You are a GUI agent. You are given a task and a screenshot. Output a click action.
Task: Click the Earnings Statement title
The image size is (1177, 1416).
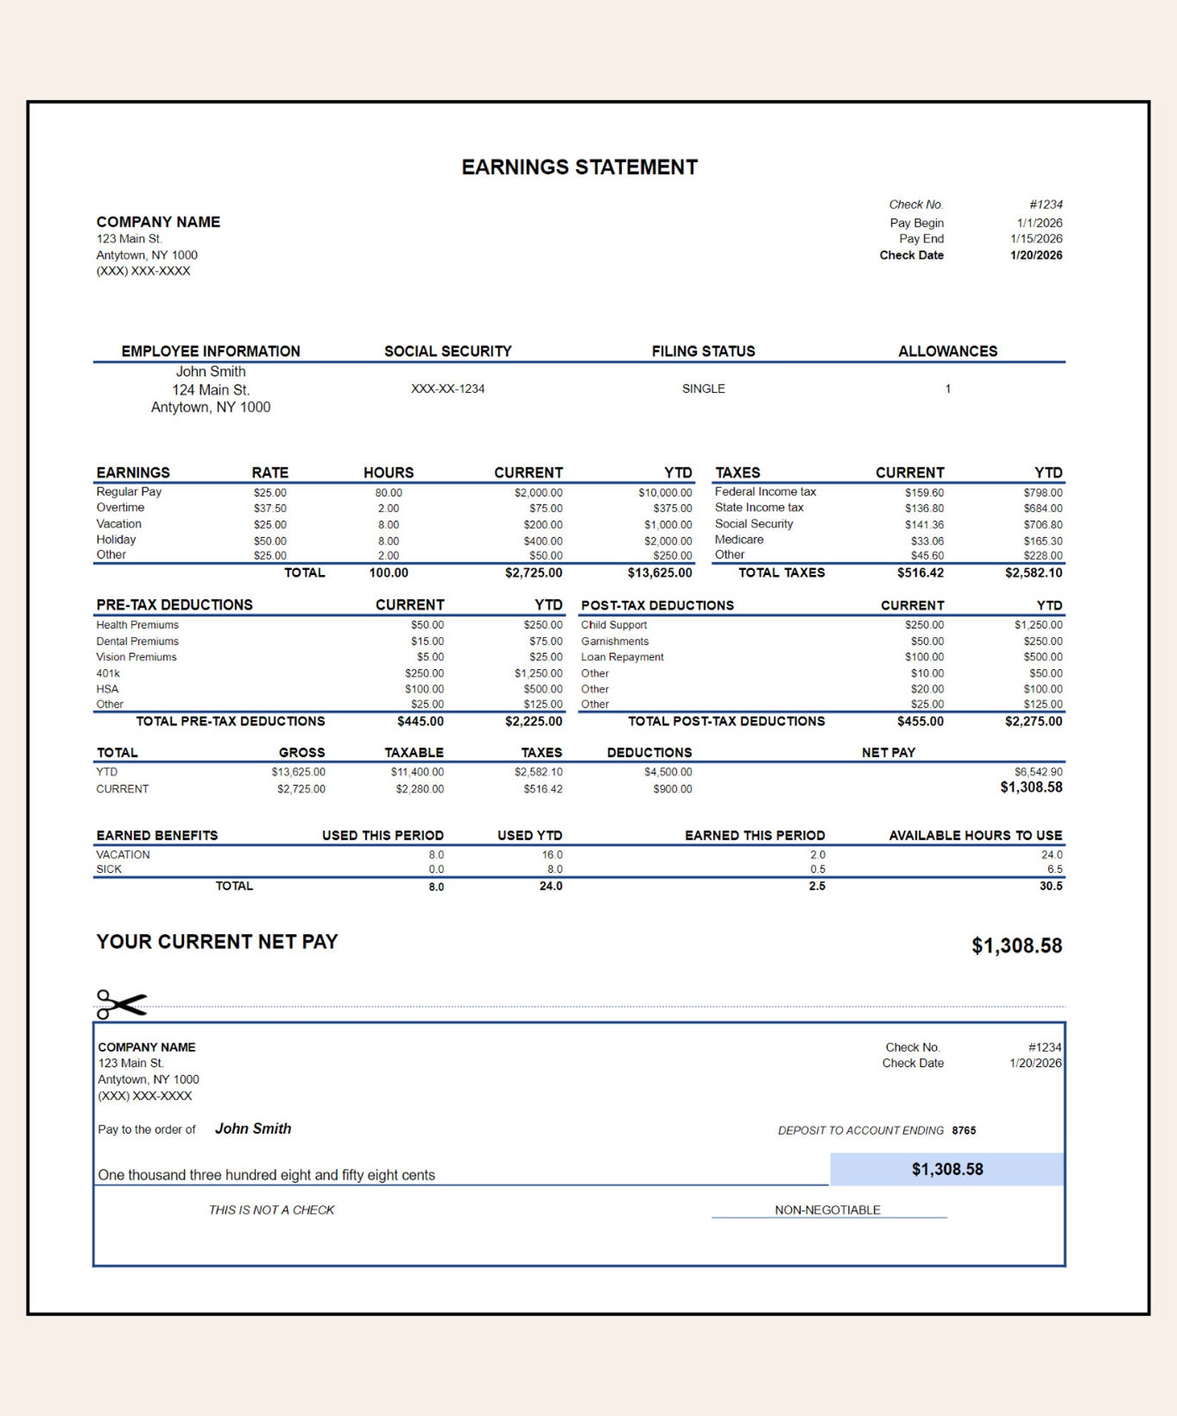pos(579,167)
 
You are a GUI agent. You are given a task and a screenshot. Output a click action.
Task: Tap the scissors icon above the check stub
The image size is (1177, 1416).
pos(121,1004)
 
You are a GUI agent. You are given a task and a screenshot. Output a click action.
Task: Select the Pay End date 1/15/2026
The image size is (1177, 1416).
pos(1035,239)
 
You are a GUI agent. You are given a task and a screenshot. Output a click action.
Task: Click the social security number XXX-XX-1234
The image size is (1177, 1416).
pos(448,388)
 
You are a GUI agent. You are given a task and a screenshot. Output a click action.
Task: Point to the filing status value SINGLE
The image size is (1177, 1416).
pos(703,388)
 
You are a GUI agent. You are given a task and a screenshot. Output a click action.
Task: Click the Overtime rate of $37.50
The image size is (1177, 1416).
pos(270,508)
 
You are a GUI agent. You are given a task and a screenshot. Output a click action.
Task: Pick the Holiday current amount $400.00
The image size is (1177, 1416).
pos(543,541)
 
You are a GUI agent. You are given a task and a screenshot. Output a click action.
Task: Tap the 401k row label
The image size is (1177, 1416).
pos(108,673)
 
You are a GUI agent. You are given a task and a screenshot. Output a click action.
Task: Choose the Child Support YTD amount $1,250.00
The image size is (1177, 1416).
pos(1038,625)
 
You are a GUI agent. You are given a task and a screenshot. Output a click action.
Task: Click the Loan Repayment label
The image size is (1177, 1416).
pos(622,657)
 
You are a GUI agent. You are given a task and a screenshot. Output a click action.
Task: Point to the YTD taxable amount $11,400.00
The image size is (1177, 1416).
pos(417,772)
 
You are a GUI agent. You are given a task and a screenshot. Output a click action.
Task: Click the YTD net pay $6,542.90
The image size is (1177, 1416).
pos(1038,772)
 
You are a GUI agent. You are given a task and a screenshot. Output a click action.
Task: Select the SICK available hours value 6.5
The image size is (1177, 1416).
pos(1054,869)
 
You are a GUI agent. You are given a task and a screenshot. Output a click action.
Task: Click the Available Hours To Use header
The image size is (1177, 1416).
pos(975,835)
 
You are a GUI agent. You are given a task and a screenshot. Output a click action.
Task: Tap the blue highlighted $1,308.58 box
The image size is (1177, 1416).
pos(946,1169)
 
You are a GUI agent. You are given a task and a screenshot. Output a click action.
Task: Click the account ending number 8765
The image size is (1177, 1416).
pos(964,1130)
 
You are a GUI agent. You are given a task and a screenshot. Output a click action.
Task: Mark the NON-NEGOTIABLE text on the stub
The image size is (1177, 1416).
pos(827,1210)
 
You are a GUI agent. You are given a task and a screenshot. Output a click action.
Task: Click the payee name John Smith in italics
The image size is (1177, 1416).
pos(253,1129)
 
